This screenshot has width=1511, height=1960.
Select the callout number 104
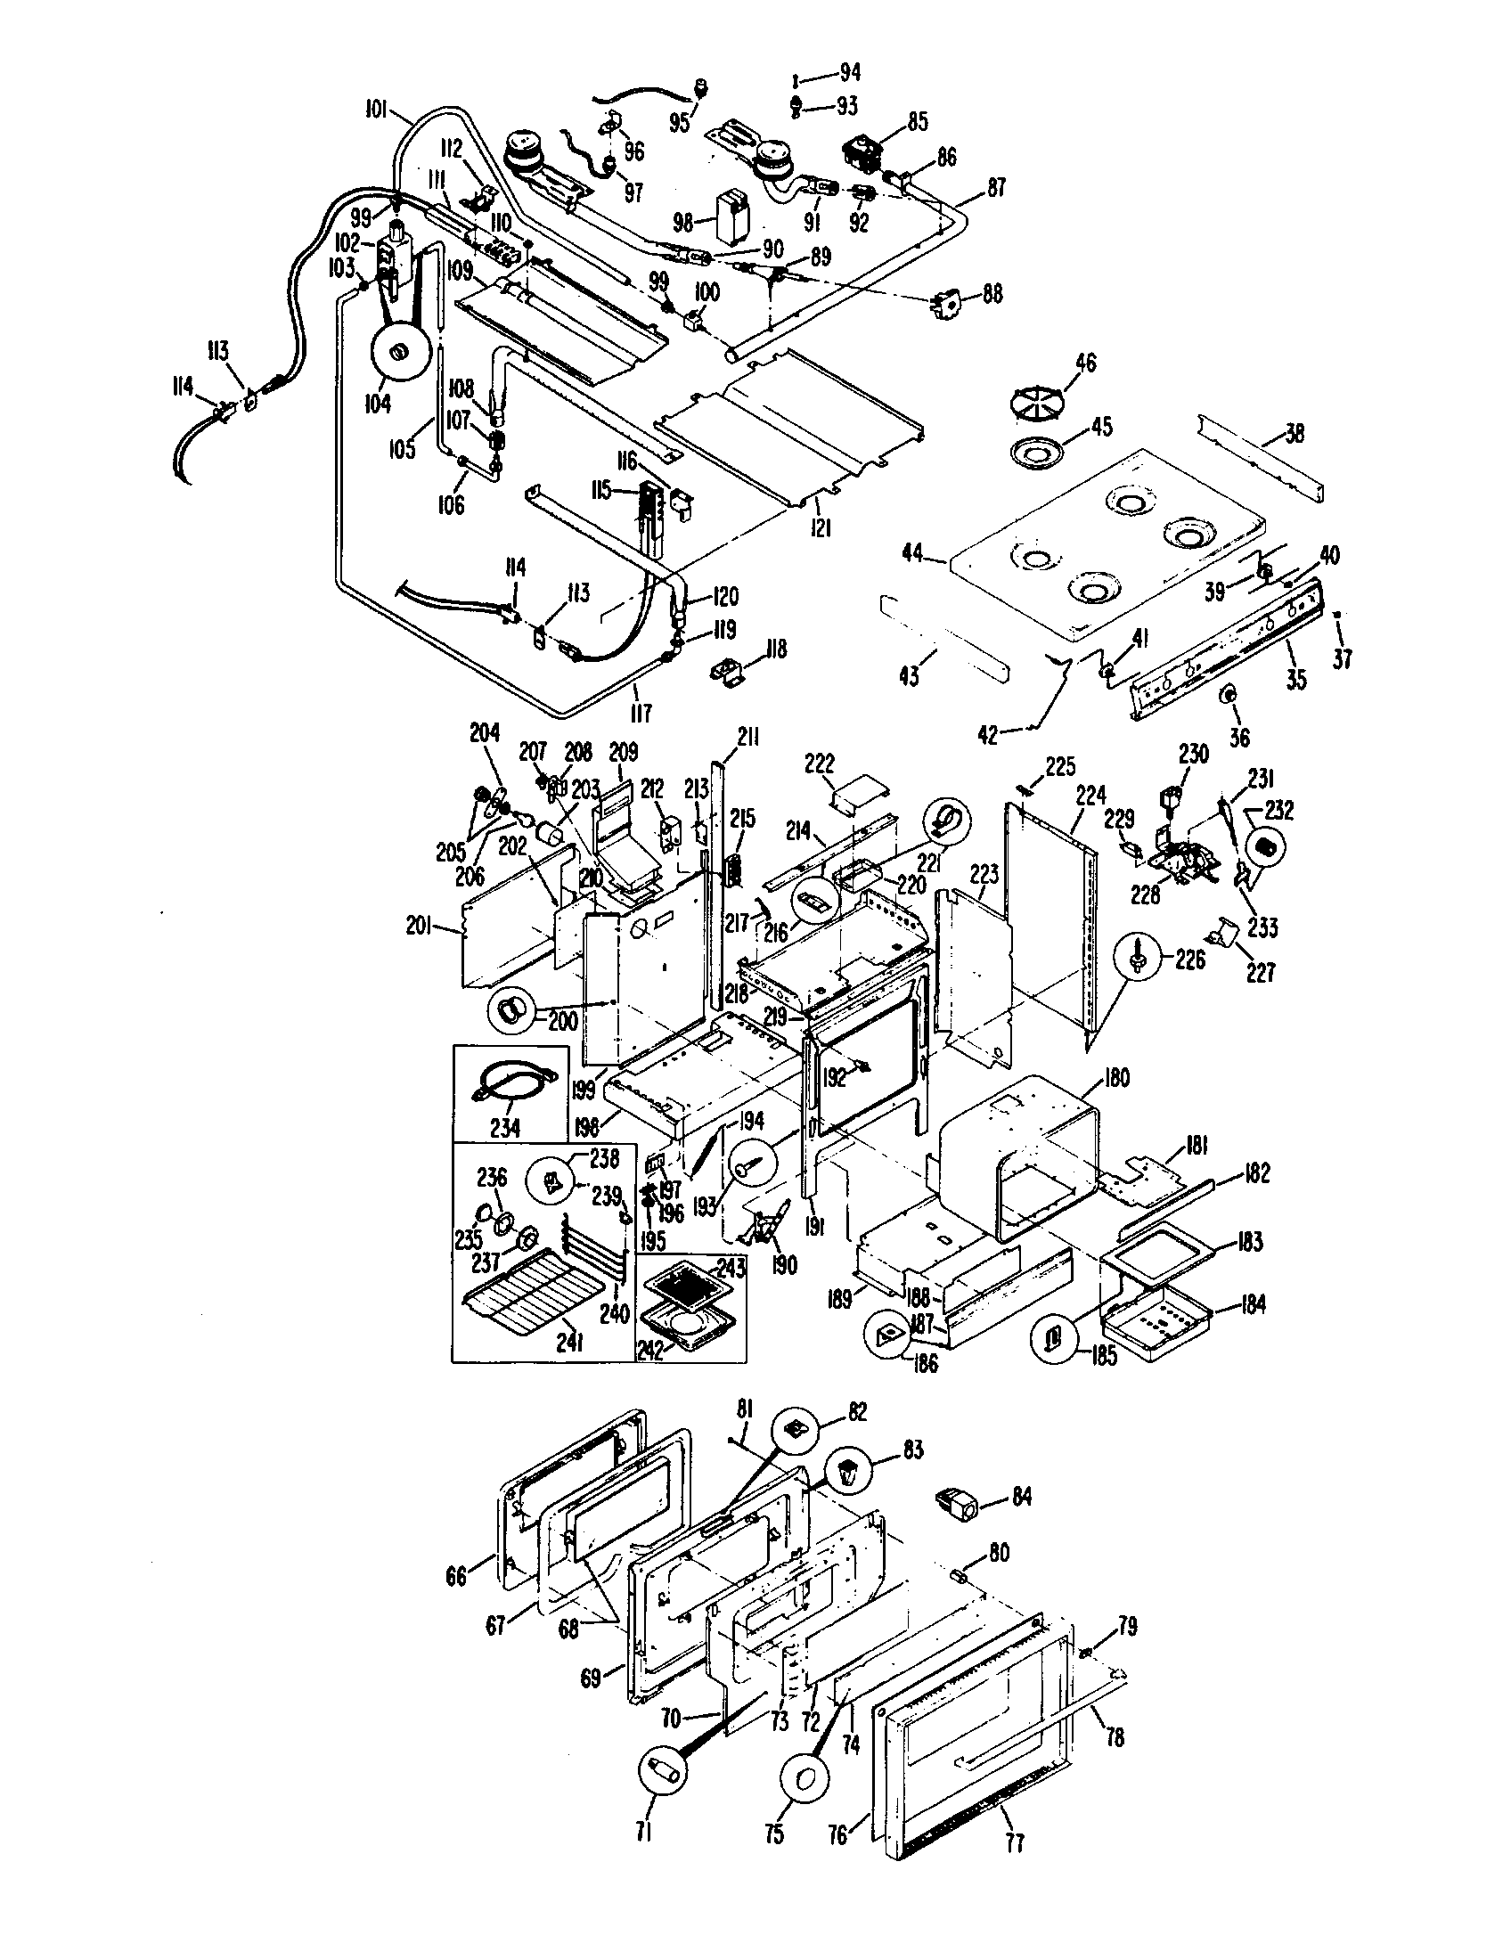pyautogui.click(x=378, y=404)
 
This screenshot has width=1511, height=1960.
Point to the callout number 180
pyautogui.click(x=1116, y=1078)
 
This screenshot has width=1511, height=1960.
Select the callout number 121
pyautogui.click(x=820, y=528)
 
